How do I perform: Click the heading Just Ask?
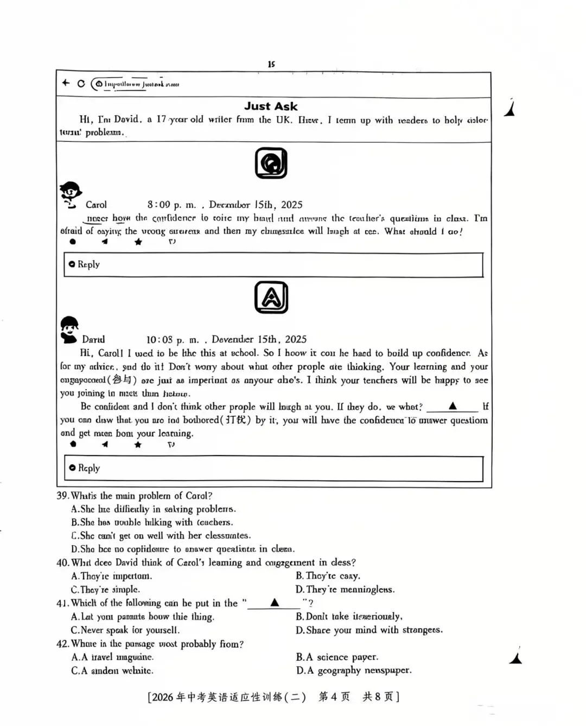point(271,106)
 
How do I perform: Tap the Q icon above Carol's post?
point(271,163)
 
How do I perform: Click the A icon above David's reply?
point(271,298)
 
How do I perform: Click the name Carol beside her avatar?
point(96,205)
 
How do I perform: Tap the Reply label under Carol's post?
point(87,264)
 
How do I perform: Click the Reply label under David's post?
point(87,468)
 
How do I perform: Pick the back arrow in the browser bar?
point(66,83)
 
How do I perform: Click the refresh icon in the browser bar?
point(81,84)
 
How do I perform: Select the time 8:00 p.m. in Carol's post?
point(171,205)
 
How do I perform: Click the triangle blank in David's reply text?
point(453,407)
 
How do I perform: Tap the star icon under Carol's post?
point(138,242)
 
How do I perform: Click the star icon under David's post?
point(138,445)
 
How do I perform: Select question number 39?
point(62,496)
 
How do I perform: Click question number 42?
point(62,644)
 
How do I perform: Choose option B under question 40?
point(328,576)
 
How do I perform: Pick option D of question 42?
point(353,671)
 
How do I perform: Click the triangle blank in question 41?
point(275,603)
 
